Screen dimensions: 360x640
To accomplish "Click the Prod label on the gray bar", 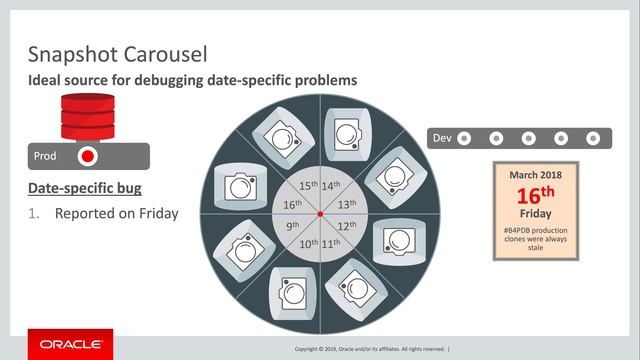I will click(44, 156).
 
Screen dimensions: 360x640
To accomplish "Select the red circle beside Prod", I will click(87, 156).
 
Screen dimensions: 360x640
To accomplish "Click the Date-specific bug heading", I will click(83, 189).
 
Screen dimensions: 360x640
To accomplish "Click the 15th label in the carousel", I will click(308, 186).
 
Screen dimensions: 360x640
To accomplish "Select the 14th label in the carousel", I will click(331, 186).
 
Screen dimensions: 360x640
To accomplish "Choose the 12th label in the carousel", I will click(347, 227).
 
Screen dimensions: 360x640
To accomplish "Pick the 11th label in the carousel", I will click(331, 244).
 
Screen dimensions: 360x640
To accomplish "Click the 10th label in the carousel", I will click(308, 244).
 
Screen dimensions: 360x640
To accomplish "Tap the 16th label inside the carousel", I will click(293, 204).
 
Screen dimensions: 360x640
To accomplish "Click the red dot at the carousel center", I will click(319, 215).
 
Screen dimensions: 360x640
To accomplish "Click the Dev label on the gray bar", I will click(441, 137).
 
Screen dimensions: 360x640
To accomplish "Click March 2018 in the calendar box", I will click(535, 175).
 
